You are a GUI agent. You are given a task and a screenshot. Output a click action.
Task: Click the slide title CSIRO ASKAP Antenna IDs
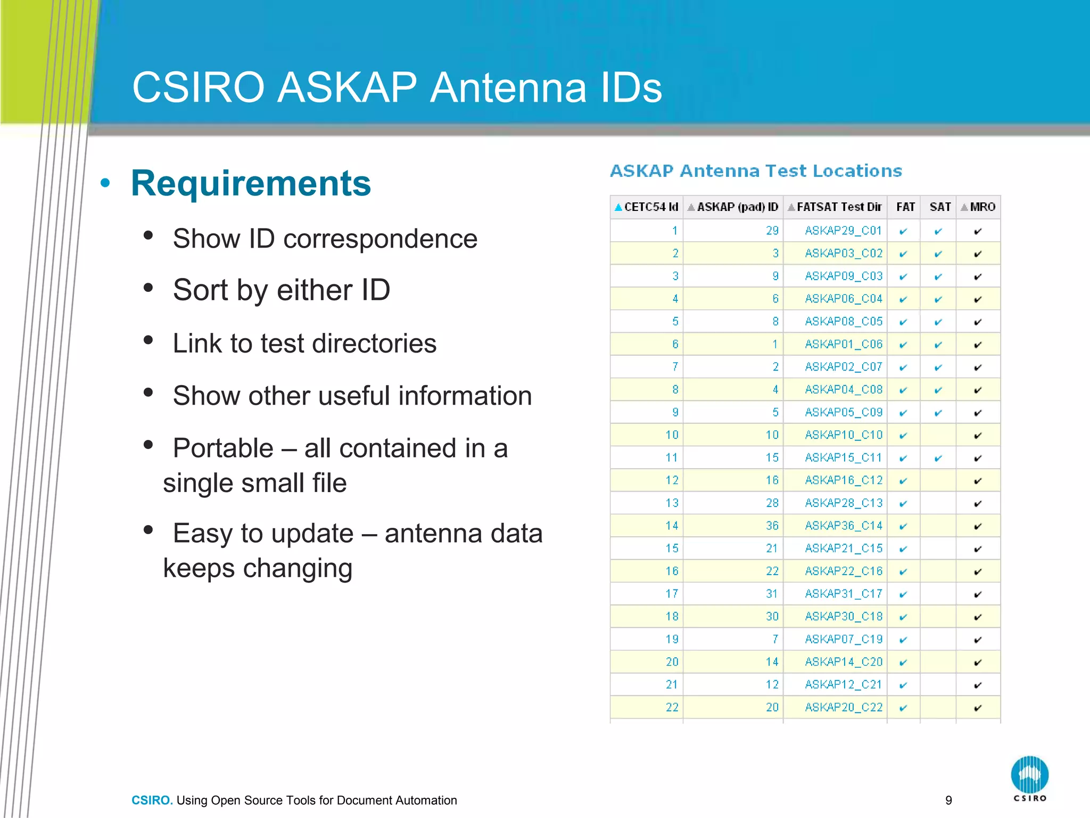point(397,88)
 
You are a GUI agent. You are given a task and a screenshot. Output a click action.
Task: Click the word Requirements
point(251,183)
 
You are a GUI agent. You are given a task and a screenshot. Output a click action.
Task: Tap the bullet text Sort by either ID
point(282,290)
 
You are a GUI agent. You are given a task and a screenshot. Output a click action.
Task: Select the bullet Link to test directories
point(304,343)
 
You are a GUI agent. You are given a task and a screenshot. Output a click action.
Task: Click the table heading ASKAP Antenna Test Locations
point(756,171)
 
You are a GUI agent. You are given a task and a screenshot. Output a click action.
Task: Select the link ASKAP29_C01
point(844,231)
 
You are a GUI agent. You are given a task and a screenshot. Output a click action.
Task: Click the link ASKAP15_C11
point(844,457)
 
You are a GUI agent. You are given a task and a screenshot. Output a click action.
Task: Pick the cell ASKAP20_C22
point(844,707)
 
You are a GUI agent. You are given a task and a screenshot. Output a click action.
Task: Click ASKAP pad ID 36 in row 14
point(772,526)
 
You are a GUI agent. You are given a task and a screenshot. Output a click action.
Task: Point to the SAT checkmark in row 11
point(938,458)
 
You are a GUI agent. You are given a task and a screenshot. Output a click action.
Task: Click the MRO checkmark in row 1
point(978,231)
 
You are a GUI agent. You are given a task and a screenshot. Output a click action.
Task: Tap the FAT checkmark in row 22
point(903,708)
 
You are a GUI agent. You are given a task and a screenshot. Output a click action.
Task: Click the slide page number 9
point(948,800)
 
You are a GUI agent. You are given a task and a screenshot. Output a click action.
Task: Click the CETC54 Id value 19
point(672,639)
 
